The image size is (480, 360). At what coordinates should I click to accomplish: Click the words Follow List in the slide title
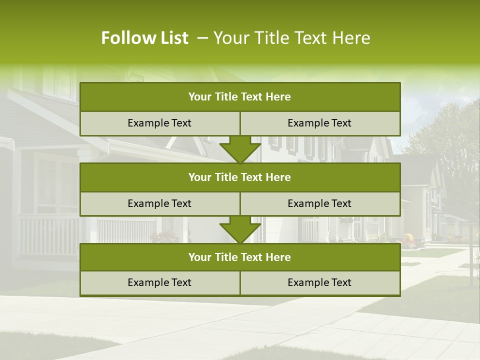click(144, 38)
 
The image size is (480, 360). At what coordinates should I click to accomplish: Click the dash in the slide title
click(203, 38)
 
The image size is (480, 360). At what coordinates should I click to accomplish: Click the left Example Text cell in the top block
click(159, 123)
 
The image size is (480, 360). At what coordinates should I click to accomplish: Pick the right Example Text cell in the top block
click(319, 123)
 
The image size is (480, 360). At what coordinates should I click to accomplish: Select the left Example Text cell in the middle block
click(159, 203)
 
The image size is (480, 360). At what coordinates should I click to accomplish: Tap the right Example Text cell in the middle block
click(319, 203)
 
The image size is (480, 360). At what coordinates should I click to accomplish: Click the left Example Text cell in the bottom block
click(159, 282)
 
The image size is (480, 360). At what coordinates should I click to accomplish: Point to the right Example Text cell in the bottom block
click(319, 282)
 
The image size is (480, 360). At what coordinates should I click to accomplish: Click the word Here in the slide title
click(353, 38)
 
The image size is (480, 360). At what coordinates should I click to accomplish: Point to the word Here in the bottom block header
click(278, 257)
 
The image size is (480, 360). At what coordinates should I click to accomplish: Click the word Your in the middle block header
click(200, 177)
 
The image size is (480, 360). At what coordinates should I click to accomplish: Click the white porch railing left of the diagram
click(47, 235)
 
